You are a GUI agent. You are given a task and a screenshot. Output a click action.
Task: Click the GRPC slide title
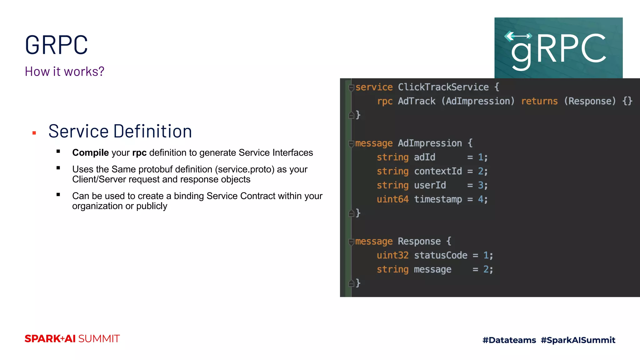click(x=56, y=45)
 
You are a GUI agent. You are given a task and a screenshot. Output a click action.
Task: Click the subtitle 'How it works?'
click(x=64, y=72)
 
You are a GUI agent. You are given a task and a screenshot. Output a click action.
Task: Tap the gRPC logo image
click(x=558, y=48)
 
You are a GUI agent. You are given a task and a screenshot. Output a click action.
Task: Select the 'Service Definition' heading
click(x=120, y=131)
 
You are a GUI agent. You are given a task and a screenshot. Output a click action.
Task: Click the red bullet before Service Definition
click(x=34, y=133)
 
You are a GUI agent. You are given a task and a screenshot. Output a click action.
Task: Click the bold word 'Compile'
click(x=90, y=152)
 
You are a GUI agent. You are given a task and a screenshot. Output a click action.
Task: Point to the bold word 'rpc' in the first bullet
click(x=139, y=153)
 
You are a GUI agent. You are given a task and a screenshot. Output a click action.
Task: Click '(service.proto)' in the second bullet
click(x=244, y=169)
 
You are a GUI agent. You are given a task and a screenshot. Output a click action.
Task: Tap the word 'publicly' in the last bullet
click(x=152, y=206)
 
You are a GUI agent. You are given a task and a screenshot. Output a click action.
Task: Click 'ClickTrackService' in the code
click(x=443, y=87)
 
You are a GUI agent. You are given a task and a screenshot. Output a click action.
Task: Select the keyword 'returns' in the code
click(x=539, y=101)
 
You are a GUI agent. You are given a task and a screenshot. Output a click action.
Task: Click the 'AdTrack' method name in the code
click(x=416, y=101)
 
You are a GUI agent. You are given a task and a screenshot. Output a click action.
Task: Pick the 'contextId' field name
click(x=438, y=171)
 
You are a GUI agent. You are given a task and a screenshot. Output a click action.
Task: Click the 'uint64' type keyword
click(x=392, y=199)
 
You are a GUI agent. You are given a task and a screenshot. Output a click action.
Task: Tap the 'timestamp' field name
click(x=438, y=199)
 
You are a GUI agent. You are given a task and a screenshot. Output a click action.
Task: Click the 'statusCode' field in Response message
click(x=441, y=255)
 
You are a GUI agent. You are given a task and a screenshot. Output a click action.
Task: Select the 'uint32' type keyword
click(x=392, y=255)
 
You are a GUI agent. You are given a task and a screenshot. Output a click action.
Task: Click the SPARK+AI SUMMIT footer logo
click(x=72, y=339)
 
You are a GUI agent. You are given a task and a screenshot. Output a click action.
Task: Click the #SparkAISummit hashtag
click(x=578, y=340)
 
